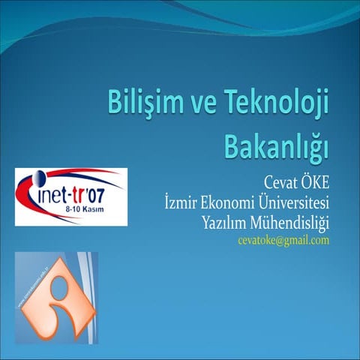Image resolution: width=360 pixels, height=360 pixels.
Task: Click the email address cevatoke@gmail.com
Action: pyautogui.click(x=283, y=240)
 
